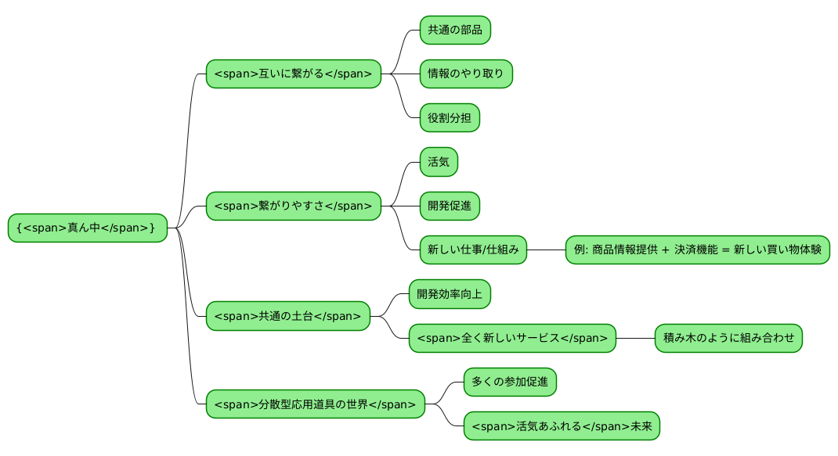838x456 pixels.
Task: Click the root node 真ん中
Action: pyautogui.click(x=88, y=228)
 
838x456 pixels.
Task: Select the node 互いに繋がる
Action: pyautogui.click(x=293, y=74)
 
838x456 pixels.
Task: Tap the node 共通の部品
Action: pyautogui.click(x=455, y=31)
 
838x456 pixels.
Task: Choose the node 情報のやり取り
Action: pyautogui.click(x=466, y=74)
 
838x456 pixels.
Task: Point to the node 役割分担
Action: pyautogui.click(x=450, y=118)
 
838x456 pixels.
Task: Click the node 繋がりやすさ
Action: pyautogui.click(x=293, y=206)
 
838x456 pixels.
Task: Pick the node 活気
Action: pyautogui.click(x=439, y=162)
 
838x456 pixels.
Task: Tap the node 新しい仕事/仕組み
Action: pyautogui.click(x=473, y=250)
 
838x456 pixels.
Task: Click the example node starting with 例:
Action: pyautogui.click(x=697, y=250)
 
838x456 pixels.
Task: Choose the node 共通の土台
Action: pyautogui.click(x=287, y=316)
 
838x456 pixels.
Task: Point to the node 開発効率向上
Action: pyautogui.click(x=450, y=294)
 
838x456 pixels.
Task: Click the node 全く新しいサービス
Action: pyautogui.click(x=512, y=338)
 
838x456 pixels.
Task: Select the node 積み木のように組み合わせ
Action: pyautogui.click(x=728, y=338)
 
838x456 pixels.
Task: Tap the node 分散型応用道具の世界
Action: pyautogui.click(x=315, y=404)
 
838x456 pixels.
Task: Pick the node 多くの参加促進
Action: pyautogui.click(x=510, y=382)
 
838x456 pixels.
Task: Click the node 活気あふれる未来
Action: pyautogui.click(x=562, y=426)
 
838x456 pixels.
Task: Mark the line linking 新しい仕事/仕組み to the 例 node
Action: pyautogui.click(x=547, y=250)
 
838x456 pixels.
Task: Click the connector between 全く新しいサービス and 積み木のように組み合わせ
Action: pyautogui.click(x=635, y=338)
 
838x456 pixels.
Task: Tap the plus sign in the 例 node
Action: pyautogui.click(x=666, y=250)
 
